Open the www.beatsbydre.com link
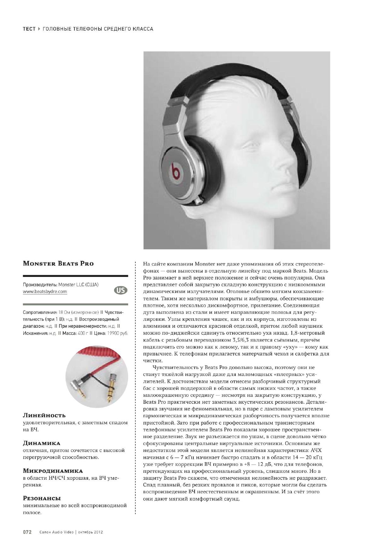tap(45, 291)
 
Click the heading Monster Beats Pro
tap(58, 264)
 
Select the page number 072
tap(27, 532)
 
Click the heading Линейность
tap(44, 415)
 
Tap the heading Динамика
tap(41, 443)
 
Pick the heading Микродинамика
tap(53, 471)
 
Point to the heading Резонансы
tap(42, 498)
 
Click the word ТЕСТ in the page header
tap(29, 29)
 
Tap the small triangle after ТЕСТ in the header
tap(39, 29)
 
